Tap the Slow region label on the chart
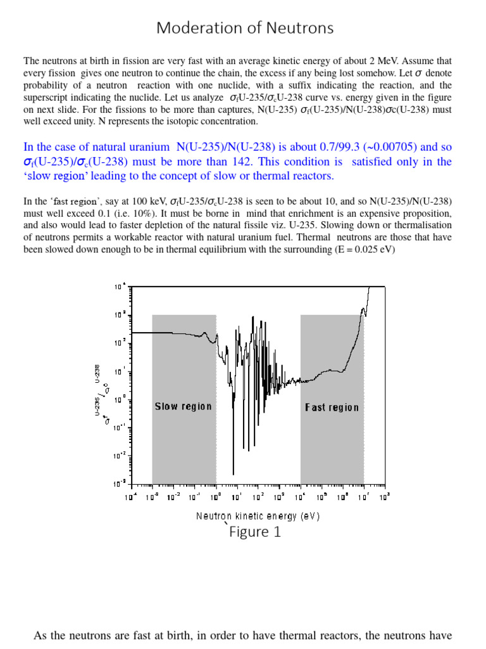click(184, 406)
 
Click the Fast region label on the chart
click(332, 408)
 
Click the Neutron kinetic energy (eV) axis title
click(258, 516)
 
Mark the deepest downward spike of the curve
click(233, 472)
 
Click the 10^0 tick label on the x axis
click(216, 496)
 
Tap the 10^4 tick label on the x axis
click(301, 496)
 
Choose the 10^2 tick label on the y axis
click(120, 343)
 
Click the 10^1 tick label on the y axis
click(120, 371)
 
